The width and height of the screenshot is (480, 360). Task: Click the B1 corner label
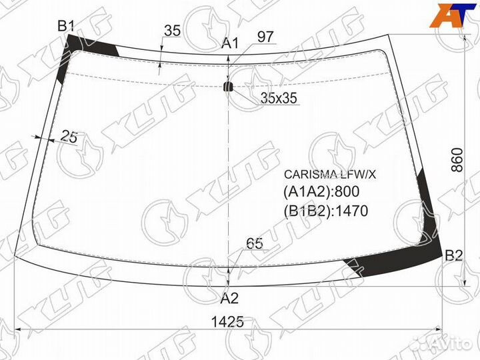[x=66, y=26]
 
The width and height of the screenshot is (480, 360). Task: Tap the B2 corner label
[x=453, y=255]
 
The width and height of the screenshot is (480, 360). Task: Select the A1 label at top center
[x=230, y=44]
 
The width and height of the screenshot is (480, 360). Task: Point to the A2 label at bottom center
[x=229, y=298]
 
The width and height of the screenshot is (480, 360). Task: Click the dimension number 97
[x=265, y=37]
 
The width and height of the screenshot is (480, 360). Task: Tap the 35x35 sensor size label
[x=279, y=98]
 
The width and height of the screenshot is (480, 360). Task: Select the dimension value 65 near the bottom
[x=254, y=244]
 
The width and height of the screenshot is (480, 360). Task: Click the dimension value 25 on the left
[x=69, y=137]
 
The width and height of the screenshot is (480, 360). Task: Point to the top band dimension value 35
[x=172, y=31]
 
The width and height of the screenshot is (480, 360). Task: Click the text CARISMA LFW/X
[x=329, y=175]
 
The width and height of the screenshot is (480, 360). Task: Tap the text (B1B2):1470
[x=326, y=211]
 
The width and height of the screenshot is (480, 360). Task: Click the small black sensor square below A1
[x=229, y=86]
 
